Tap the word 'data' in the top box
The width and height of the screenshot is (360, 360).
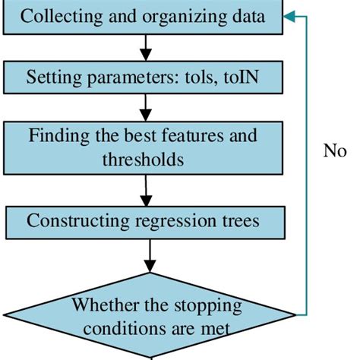(x=248, y=17)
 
